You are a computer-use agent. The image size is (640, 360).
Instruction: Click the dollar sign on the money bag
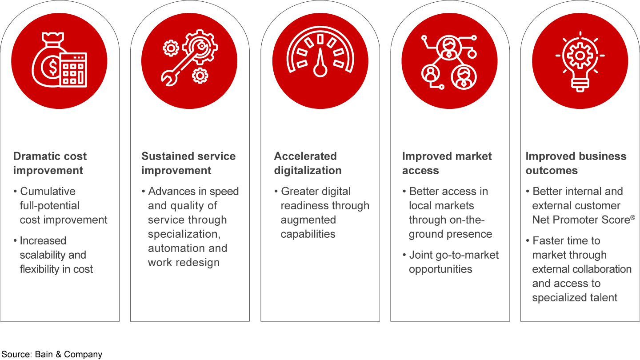pos(53,67)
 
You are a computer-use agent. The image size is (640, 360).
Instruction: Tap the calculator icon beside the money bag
pos(73,70)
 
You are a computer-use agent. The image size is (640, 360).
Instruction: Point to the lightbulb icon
pos(580,61)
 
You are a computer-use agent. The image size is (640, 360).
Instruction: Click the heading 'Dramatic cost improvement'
pos(50,163)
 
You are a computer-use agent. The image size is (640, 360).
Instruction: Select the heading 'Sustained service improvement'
pos(188,163)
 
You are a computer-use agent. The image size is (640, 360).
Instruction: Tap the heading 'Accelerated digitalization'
pos(308,163)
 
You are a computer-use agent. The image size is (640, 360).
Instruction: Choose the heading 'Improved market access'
pos(447,163)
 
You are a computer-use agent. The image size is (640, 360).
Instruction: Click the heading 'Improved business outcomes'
pos(576,163)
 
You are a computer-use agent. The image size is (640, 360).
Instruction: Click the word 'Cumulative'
pos(48,191)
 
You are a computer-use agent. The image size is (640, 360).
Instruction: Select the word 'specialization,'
pos(184,234)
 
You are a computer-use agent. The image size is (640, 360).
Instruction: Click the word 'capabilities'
pos(308,234)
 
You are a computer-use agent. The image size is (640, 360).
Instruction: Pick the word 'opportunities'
pos(440,269)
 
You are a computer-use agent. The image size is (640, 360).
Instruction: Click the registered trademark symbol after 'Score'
pos(632,218)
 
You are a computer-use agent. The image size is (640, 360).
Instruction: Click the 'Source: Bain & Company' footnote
pos(52,354)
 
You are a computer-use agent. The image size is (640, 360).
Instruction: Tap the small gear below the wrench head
pos(200,76)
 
